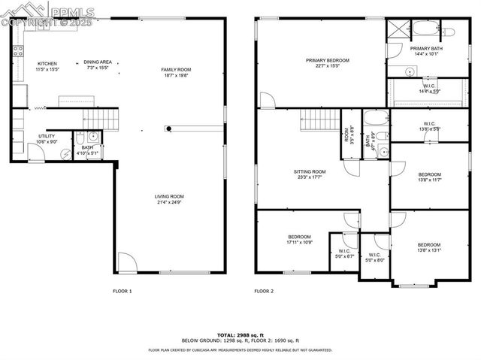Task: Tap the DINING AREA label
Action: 98,63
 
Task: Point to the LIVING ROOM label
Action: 171,197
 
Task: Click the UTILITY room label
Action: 45,136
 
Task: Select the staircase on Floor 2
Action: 319,118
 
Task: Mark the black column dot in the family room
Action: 171,129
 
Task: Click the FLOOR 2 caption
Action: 264,291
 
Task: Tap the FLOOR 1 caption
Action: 123,291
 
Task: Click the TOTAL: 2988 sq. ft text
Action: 240,334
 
